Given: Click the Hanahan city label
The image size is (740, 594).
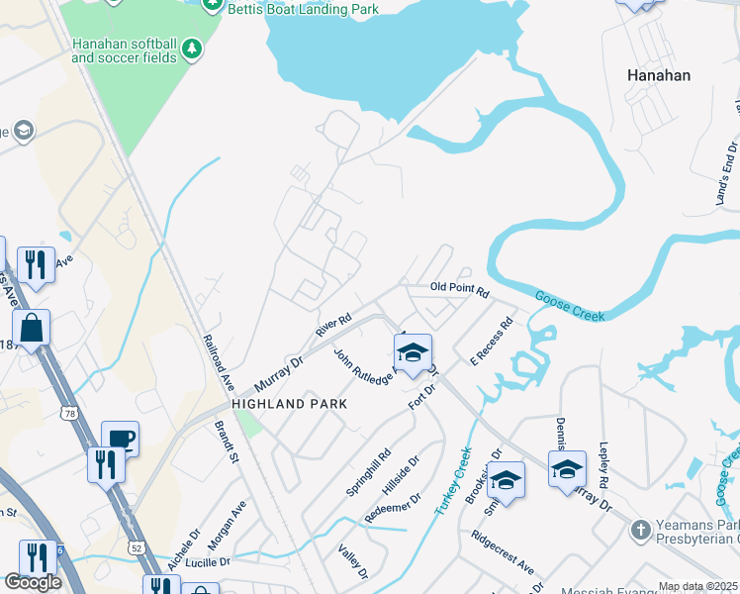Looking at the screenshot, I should coord(659,74).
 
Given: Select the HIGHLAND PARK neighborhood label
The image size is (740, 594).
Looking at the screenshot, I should coord(289,404).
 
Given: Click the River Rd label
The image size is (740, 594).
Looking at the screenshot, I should coord(333,326).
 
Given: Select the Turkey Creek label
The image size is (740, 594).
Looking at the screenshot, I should coord(451,480).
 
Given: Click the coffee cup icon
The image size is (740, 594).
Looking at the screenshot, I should coord(120,439).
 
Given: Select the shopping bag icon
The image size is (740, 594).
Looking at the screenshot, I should coord(32,328).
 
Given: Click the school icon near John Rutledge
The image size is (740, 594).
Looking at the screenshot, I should coord(413,351).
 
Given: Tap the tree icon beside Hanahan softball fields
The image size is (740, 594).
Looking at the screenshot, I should coord(191,48).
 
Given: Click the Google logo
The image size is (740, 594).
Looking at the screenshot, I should coord(33,582).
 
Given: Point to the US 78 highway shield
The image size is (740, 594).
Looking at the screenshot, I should coord(67,411).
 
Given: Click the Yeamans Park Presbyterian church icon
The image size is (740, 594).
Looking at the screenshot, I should coord(640,530).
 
